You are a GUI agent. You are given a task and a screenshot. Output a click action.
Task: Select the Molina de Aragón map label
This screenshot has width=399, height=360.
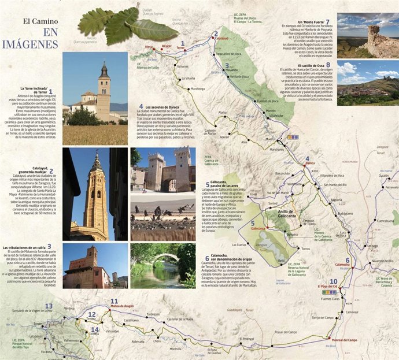click(122, 305)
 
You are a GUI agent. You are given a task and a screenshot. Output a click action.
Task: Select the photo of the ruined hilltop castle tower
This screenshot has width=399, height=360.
click(367, 35)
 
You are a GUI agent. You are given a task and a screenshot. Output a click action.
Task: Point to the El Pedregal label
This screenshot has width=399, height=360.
click(247, 339)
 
